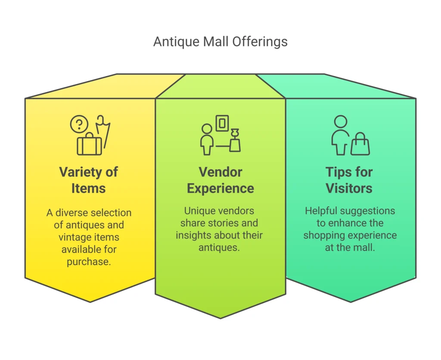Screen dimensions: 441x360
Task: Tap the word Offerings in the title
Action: [260, 42]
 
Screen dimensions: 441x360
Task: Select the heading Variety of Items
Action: [89, 180]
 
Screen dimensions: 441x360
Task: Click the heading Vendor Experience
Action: [220, 180]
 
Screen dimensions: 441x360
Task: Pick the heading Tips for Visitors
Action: [349, 180]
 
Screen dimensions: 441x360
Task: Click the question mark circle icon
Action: [79, 124]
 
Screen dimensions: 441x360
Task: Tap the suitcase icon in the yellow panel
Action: [90, 144]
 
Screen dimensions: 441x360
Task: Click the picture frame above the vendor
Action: [222, 123]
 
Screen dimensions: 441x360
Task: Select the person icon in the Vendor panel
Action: [207, 139]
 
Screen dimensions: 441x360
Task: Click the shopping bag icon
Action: [360, 144]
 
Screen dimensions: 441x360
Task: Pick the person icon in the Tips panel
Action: [341, 135]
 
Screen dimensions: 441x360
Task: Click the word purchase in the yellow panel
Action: [89, 262]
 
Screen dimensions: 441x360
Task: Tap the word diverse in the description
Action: [71, 213]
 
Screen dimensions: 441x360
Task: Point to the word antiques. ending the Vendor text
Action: [219, 248]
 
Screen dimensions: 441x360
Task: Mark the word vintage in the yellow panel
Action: [74, 237]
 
